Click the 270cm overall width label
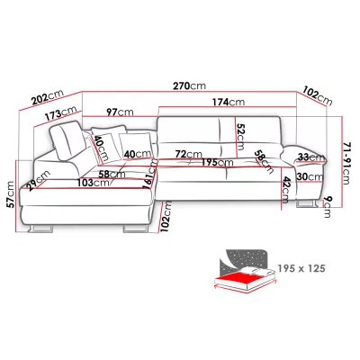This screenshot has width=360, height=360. click(x=189, y=85)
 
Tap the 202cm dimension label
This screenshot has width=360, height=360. click(x=48, y=96)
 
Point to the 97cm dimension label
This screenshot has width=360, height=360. click(x=120, y=112)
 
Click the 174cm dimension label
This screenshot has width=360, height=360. click(x=229, y=102)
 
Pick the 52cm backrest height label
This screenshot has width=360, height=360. click(x=240, y=137)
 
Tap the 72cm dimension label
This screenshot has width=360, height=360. click(x=188, y=154)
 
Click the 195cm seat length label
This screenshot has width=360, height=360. click(x=217, y=162)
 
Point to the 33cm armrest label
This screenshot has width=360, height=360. click(x=311, y=157)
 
